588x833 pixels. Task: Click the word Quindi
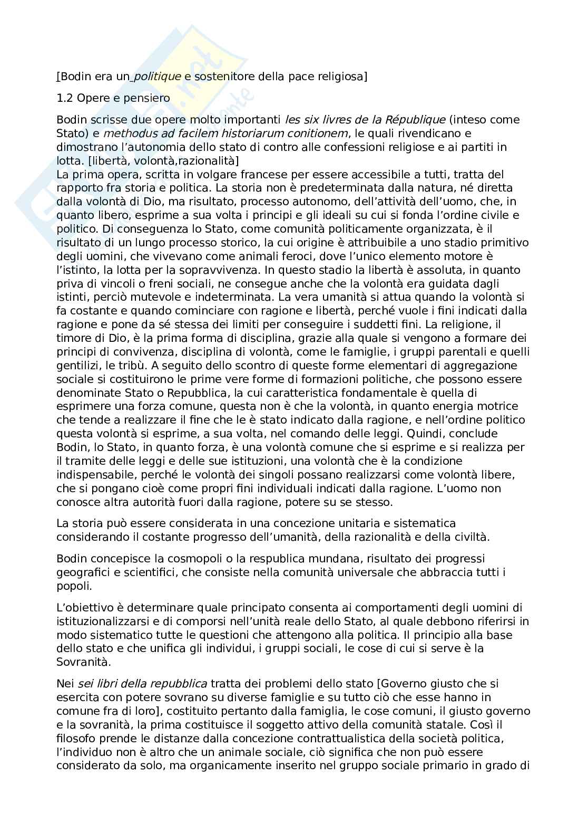(x=425, y=434)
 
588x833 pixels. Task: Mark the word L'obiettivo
(x=82, y=608)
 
